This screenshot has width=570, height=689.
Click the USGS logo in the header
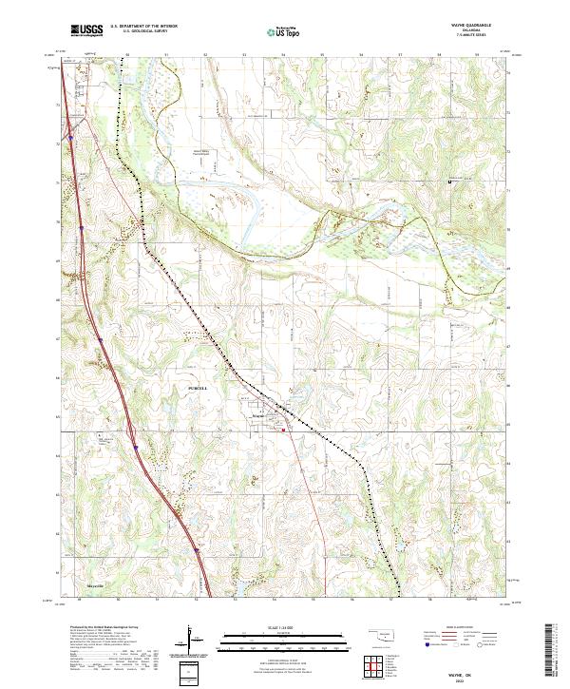point(86,30)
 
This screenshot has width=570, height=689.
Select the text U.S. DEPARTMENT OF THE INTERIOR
point(143,27)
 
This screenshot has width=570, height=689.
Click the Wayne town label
point(259,415)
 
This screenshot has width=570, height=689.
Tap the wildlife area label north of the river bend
point(201,151)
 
